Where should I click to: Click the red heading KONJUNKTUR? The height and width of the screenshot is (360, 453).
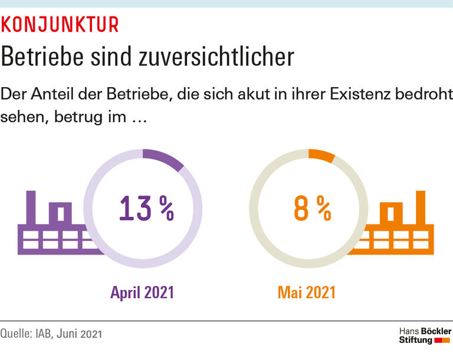tap(60, 25)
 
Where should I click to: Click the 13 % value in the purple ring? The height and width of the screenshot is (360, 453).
tap(146, 209)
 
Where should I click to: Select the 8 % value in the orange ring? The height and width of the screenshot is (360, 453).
tap(311, 209)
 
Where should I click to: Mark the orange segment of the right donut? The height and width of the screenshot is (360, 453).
tap(322, 156)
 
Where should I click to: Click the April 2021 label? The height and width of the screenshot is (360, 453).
tap(142, 292)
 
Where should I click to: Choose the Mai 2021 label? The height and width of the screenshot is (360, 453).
tap(306, 292)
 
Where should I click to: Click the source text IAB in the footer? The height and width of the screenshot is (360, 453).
tap(48, 334)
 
